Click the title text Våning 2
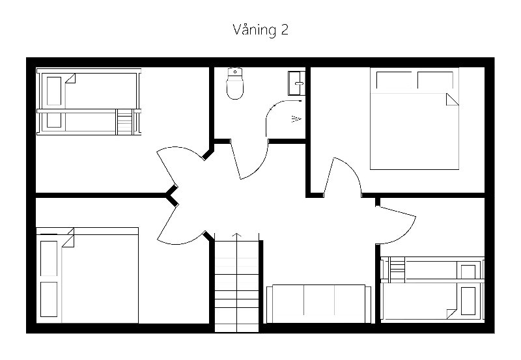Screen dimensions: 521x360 [x=260, y=30]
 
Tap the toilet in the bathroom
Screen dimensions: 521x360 [x=235, y=83]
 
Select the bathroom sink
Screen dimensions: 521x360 [x=296, y=83]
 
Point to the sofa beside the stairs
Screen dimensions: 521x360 [x=318, y=303]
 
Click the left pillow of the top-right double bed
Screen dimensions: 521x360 [x=394, y=80]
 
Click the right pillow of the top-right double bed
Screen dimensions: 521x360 [x=436, y=80]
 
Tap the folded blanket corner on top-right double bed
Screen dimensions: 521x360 [x=452, y=100]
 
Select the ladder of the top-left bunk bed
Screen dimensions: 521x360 [x=125, y=122]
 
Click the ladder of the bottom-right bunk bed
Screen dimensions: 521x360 [x=397, y=270]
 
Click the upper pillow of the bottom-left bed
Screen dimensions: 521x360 [x=49, y=258]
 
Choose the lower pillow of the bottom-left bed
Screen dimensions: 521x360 [x=49, y=299]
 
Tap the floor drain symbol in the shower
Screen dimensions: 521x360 [x=296, y=118]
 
